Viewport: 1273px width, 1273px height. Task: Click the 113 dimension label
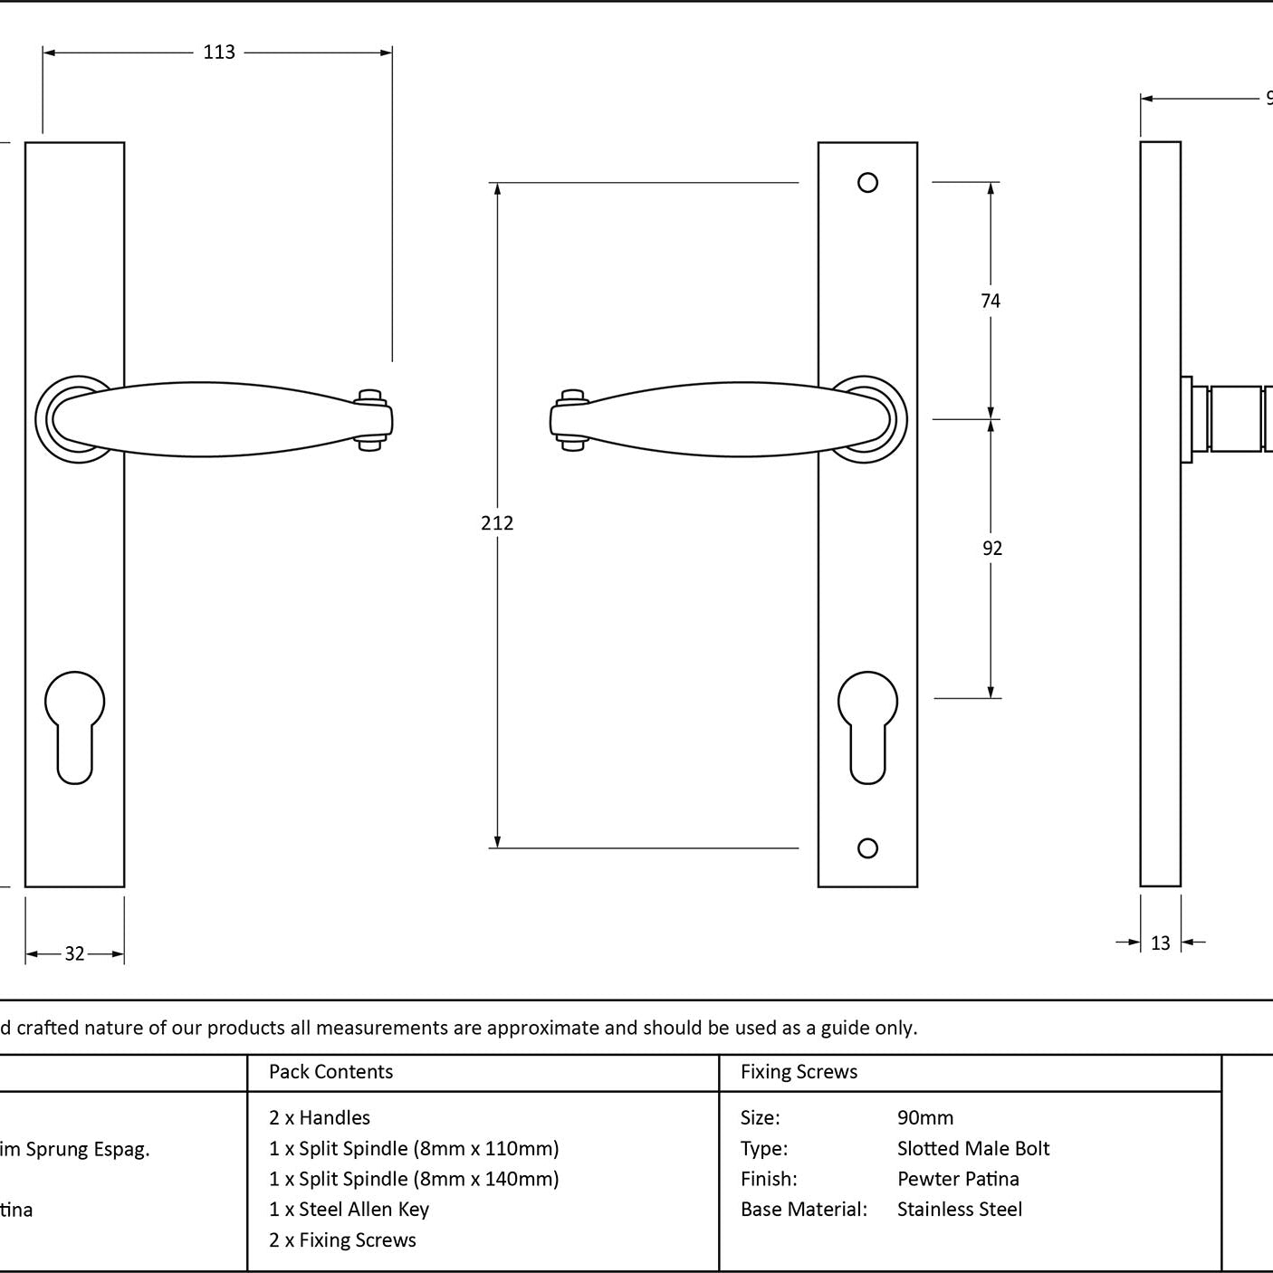click(219, 53)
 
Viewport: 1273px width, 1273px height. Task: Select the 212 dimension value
click(497, 523)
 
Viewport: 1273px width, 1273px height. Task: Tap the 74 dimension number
click(991, 301)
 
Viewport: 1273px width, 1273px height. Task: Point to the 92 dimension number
click(992, 549)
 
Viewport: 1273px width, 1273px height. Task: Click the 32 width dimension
click(74, 953)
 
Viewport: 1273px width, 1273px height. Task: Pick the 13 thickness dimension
click(1160, 943)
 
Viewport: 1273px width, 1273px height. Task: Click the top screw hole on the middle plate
click(867, 183)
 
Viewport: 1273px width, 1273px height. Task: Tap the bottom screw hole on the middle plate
click(867, 848)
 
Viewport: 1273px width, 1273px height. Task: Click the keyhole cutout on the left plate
click(74, 724)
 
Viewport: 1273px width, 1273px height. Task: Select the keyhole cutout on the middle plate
click(867, 724)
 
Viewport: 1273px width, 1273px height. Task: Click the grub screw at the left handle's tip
click(369, 419)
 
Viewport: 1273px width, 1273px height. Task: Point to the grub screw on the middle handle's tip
click(572, 419)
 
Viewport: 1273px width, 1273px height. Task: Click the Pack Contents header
click(330, 1072)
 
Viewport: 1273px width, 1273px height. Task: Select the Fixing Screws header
click(799, 1072)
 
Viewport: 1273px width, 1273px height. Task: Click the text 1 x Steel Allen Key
click(349, 1210)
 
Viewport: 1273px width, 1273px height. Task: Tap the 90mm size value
click(924, 1118)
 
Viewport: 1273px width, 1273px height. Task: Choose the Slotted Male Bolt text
click(972, 1149)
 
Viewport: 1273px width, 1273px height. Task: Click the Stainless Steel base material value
click(959, 1210)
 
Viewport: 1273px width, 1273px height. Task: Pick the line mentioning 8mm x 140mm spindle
click(414, 1179)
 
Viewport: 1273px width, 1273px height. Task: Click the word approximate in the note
click(542, 1028)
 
